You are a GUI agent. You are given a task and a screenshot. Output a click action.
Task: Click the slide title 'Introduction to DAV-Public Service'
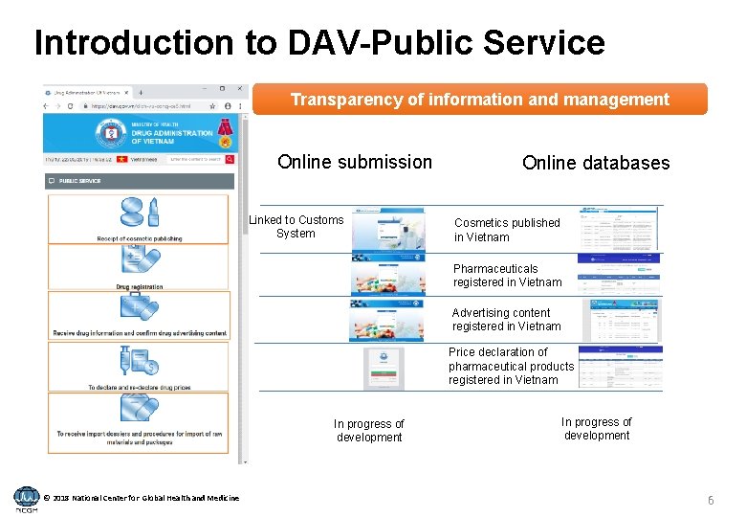(x=319, y=42)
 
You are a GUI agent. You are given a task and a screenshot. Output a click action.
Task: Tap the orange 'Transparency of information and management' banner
(x=479, y=100)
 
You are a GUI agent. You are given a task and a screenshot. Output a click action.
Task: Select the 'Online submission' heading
(x=355, y=162)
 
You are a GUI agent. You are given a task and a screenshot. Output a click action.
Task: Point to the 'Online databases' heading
(x=596, y=163)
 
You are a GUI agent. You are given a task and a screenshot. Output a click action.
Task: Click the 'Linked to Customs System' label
(x=296, y=227)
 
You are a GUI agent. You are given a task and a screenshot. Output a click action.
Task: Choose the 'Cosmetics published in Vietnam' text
(x=507, y=230)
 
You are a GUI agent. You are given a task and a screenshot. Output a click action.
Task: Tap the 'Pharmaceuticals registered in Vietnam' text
(x=508, y=276)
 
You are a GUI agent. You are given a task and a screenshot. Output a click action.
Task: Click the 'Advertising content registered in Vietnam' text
(x=506, y=320)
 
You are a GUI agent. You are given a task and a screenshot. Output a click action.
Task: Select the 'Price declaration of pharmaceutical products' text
(x=511, y=366)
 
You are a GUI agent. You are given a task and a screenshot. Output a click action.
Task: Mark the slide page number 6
(x=711, y=501)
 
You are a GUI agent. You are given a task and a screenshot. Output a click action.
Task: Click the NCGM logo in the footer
(x=27, y=499)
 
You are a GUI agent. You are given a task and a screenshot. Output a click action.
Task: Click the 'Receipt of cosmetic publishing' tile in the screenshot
(x=139, y=218)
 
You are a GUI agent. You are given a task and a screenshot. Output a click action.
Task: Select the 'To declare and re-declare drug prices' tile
(x=139, y=367)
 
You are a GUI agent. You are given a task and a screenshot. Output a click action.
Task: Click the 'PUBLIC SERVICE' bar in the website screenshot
(x=139, y=180)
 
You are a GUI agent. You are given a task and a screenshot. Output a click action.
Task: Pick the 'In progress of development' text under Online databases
(x=596, y=428)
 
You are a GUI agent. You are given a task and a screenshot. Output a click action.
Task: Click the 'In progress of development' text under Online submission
(x=369, y=431)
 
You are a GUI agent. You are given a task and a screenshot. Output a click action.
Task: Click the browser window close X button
(x=239, y=90)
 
